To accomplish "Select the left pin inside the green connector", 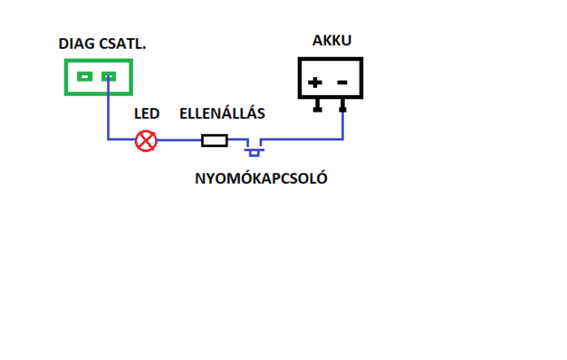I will (x=84, y=77).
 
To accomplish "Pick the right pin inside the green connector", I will (x=108, y=77).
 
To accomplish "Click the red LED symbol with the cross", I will (x=145, y=140).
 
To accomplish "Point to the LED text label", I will (x=146, y=114).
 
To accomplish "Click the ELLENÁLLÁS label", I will (x=222, y=114).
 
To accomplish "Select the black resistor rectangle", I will (x=215, y=140).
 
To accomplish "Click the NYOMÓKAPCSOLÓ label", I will (x=262, y=177).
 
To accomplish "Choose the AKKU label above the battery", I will (x=331, y=42).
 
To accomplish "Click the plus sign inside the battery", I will (x=315, y=83).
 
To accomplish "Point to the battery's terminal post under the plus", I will (x=318, y=106).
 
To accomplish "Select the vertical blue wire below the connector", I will (x=108, y=111).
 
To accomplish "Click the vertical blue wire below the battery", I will (x=343, y=125).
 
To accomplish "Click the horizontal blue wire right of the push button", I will (x=301, y=139).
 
